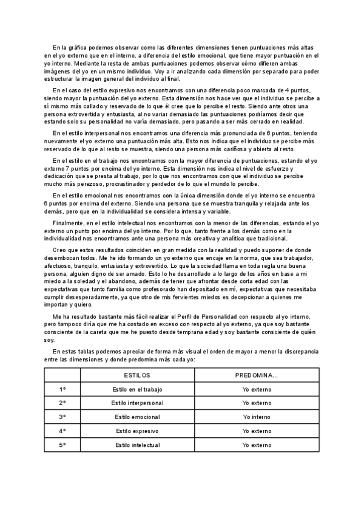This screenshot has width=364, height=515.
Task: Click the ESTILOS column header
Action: point(137,376)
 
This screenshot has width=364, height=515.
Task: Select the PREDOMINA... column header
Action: point(257,376)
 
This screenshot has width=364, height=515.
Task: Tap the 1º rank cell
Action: point(62,389)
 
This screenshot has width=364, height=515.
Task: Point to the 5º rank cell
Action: point(62,445)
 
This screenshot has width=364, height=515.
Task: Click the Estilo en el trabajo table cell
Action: point(137,389)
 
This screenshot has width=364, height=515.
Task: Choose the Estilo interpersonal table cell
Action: point(137,403)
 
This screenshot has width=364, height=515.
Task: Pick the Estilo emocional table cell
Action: point(137,417)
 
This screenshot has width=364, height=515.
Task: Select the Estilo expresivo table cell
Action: point(137,431)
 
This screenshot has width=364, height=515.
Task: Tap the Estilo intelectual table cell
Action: point(137,445)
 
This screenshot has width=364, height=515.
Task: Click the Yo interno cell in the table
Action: point(257,417)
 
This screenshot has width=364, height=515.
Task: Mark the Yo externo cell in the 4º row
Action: point(257,431)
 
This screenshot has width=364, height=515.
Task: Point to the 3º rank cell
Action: point(62,417)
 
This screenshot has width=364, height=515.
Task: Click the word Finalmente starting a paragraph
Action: point(69,223)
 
